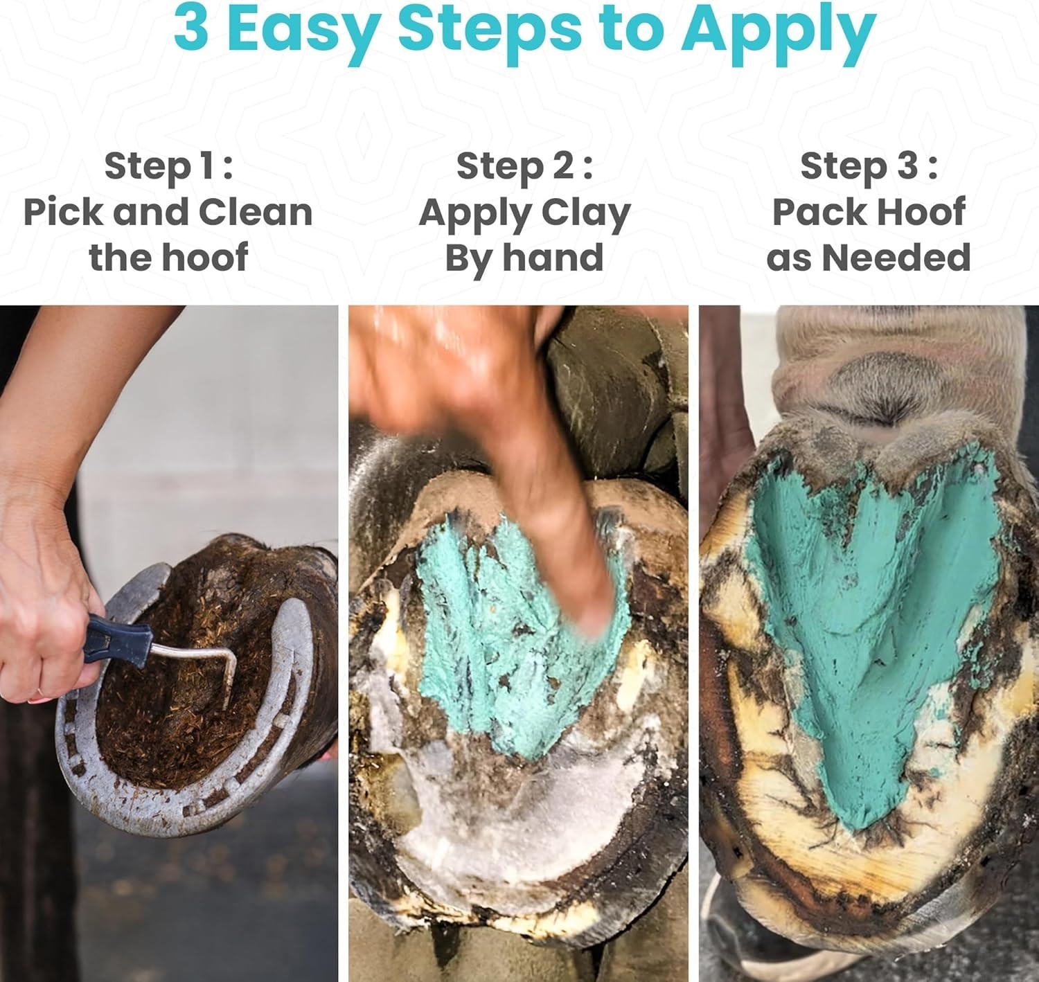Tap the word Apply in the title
[x=779, y=33]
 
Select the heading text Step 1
[x=168, y=166]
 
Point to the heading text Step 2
[x=525, y=166]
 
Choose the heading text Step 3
[x=869, y=166]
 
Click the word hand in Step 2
[x=553, y=258]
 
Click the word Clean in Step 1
[x=256, y=213]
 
